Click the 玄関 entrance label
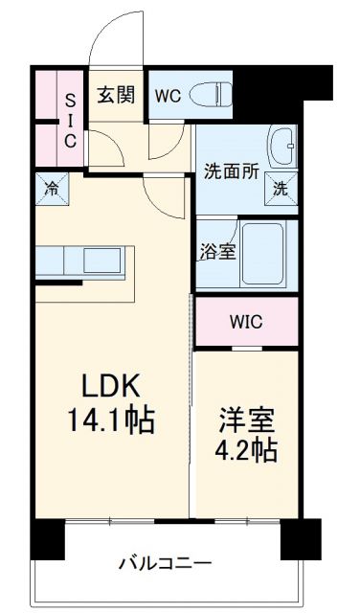115,95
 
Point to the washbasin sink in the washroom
283,147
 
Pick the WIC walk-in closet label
245,322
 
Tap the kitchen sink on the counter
98,260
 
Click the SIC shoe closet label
70,119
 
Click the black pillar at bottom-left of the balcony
47,538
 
